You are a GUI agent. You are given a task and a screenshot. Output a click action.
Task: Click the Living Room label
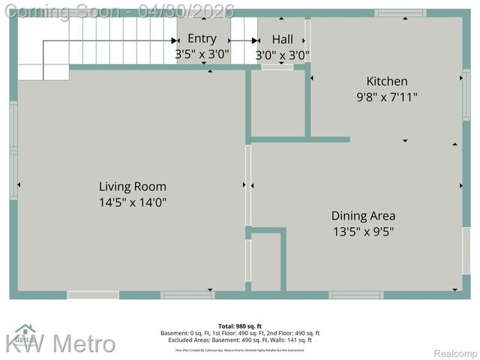pos(133,187)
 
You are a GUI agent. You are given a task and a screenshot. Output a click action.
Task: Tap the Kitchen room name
pos(387,81)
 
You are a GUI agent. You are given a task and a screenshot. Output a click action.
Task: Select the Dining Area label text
pos(364,216)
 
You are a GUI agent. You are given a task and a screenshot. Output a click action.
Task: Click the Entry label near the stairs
pos(202,39)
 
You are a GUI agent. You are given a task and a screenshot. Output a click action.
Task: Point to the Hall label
pos(283,39)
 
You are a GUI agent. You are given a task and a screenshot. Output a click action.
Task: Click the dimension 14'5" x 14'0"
pos(133,202)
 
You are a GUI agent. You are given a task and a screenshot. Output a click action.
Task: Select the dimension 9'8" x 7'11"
pos(387,97)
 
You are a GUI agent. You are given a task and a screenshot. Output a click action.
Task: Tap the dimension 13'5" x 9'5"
pos(364,232)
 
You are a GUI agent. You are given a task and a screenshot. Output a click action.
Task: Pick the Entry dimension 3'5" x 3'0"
pos(202,55)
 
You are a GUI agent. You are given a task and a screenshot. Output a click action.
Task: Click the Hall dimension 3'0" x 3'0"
pos(283,55)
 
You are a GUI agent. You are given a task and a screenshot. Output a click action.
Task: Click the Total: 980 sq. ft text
pos(240,326)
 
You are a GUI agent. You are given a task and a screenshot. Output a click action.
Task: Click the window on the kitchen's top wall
pos(400,13)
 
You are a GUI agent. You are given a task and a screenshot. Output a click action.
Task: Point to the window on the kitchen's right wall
pos(466,94)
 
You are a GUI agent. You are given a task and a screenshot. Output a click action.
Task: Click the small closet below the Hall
pos(277,103)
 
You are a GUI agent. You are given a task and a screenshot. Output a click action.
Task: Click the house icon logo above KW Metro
pos(25,331)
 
